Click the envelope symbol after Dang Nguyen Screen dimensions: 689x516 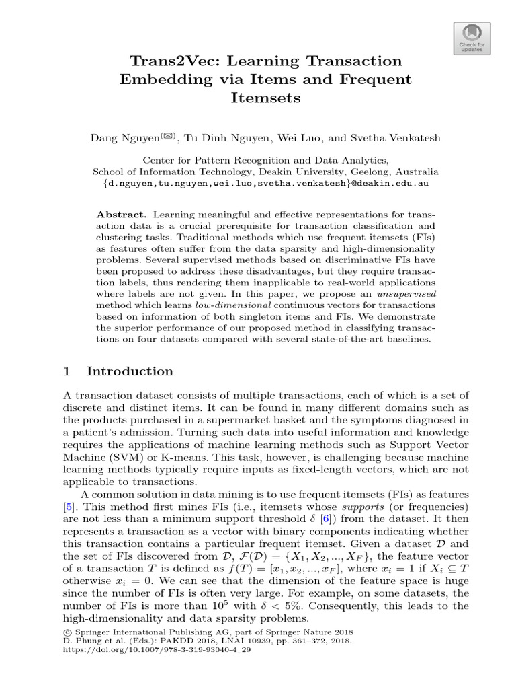167,136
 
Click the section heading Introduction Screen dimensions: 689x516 130,371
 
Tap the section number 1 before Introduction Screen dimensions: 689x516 66,371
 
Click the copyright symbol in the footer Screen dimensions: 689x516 66,633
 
